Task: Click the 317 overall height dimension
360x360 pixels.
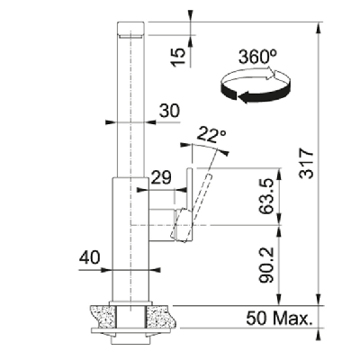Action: (307, 163)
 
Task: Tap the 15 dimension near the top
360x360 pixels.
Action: (177, 57)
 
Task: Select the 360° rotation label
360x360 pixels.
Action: (257, 57)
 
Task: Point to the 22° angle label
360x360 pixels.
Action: (211, 135)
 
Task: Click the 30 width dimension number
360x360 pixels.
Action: (169, 111)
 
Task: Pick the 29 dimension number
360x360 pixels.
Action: (161, 177)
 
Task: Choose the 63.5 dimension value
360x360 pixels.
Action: (266, 196)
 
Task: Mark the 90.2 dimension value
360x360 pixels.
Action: (266, 265)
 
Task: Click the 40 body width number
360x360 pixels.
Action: (89, 257)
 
